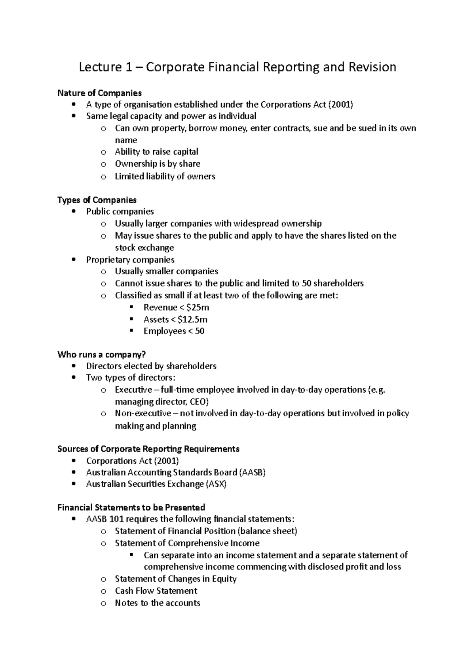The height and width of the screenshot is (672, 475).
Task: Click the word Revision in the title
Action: [372, 67]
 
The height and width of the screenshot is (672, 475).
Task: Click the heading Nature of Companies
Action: [99, 93]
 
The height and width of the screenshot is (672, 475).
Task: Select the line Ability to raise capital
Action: [156, 152]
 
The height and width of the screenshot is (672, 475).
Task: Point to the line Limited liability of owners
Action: [165, 177]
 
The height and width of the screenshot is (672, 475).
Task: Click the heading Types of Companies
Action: [97, 200]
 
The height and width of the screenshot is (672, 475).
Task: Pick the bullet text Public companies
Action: [120, 211]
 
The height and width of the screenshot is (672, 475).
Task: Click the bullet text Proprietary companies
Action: [130, 260]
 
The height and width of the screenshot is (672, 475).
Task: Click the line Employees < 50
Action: [174, 331]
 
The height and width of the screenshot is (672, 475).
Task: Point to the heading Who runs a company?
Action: [102, 354]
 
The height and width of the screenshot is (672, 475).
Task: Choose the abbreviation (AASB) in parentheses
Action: [252, 473]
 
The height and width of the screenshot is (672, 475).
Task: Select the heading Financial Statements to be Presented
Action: [131, 507]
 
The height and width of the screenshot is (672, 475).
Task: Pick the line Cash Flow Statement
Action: [156, 591]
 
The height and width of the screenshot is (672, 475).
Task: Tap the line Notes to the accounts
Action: [158, 603]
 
